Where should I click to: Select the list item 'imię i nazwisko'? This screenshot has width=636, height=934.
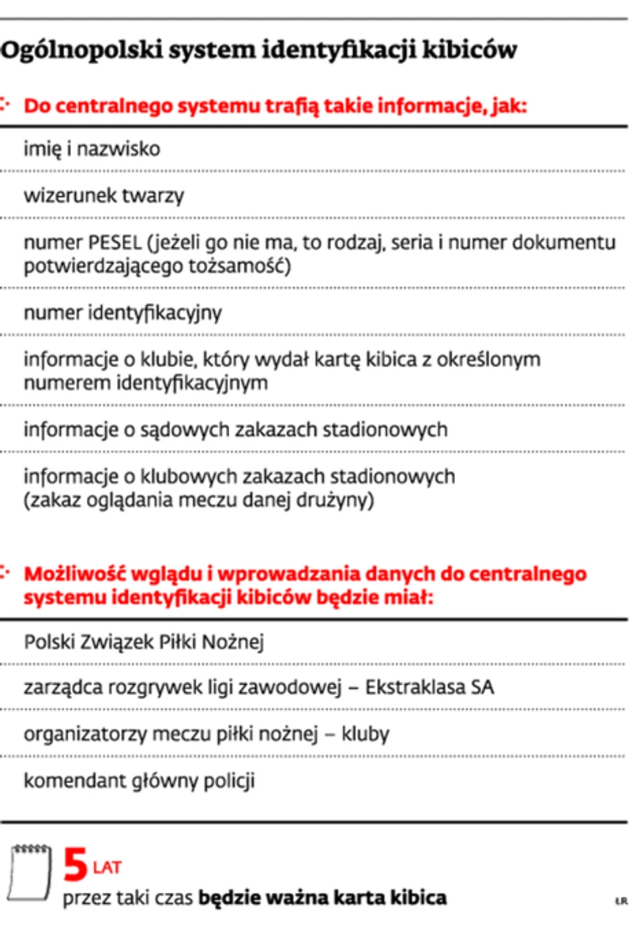(92, 149)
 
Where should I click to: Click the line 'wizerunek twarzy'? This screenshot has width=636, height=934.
(103, 195)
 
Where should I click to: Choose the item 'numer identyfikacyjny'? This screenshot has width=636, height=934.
(122, 313)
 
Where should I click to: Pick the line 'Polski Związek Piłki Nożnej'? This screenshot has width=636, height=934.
(144, 641)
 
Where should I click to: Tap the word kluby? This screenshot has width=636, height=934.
(365, 735)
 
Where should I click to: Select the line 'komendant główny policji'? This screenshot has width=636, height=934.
(139, 781)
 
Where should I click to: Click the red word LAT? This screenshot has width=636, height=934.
(107, 868)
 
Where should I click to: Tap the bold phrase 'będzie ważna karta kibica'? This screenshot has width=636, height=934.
(322, 898)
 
